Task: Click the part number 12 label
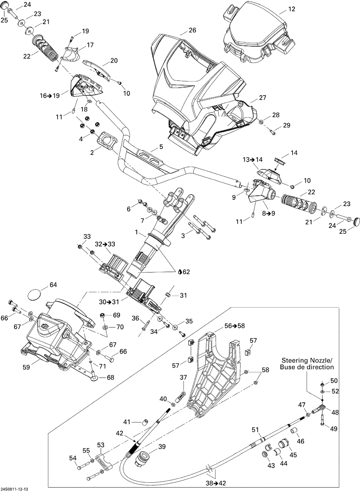292,9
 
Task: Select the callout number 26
193,30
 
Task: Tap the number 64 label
53,284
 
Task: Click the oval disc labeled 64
35,294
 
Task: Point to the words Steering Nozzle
307,360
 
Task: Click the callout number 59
26,373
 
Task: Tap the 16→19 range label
50,96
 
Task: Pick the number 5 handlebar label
161,147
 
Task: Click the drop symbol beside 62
180,272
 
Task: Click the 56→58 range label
235,326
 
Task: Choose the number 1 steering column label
136,232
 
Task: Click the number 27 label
262,97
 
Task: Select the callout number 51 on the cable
255,430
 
